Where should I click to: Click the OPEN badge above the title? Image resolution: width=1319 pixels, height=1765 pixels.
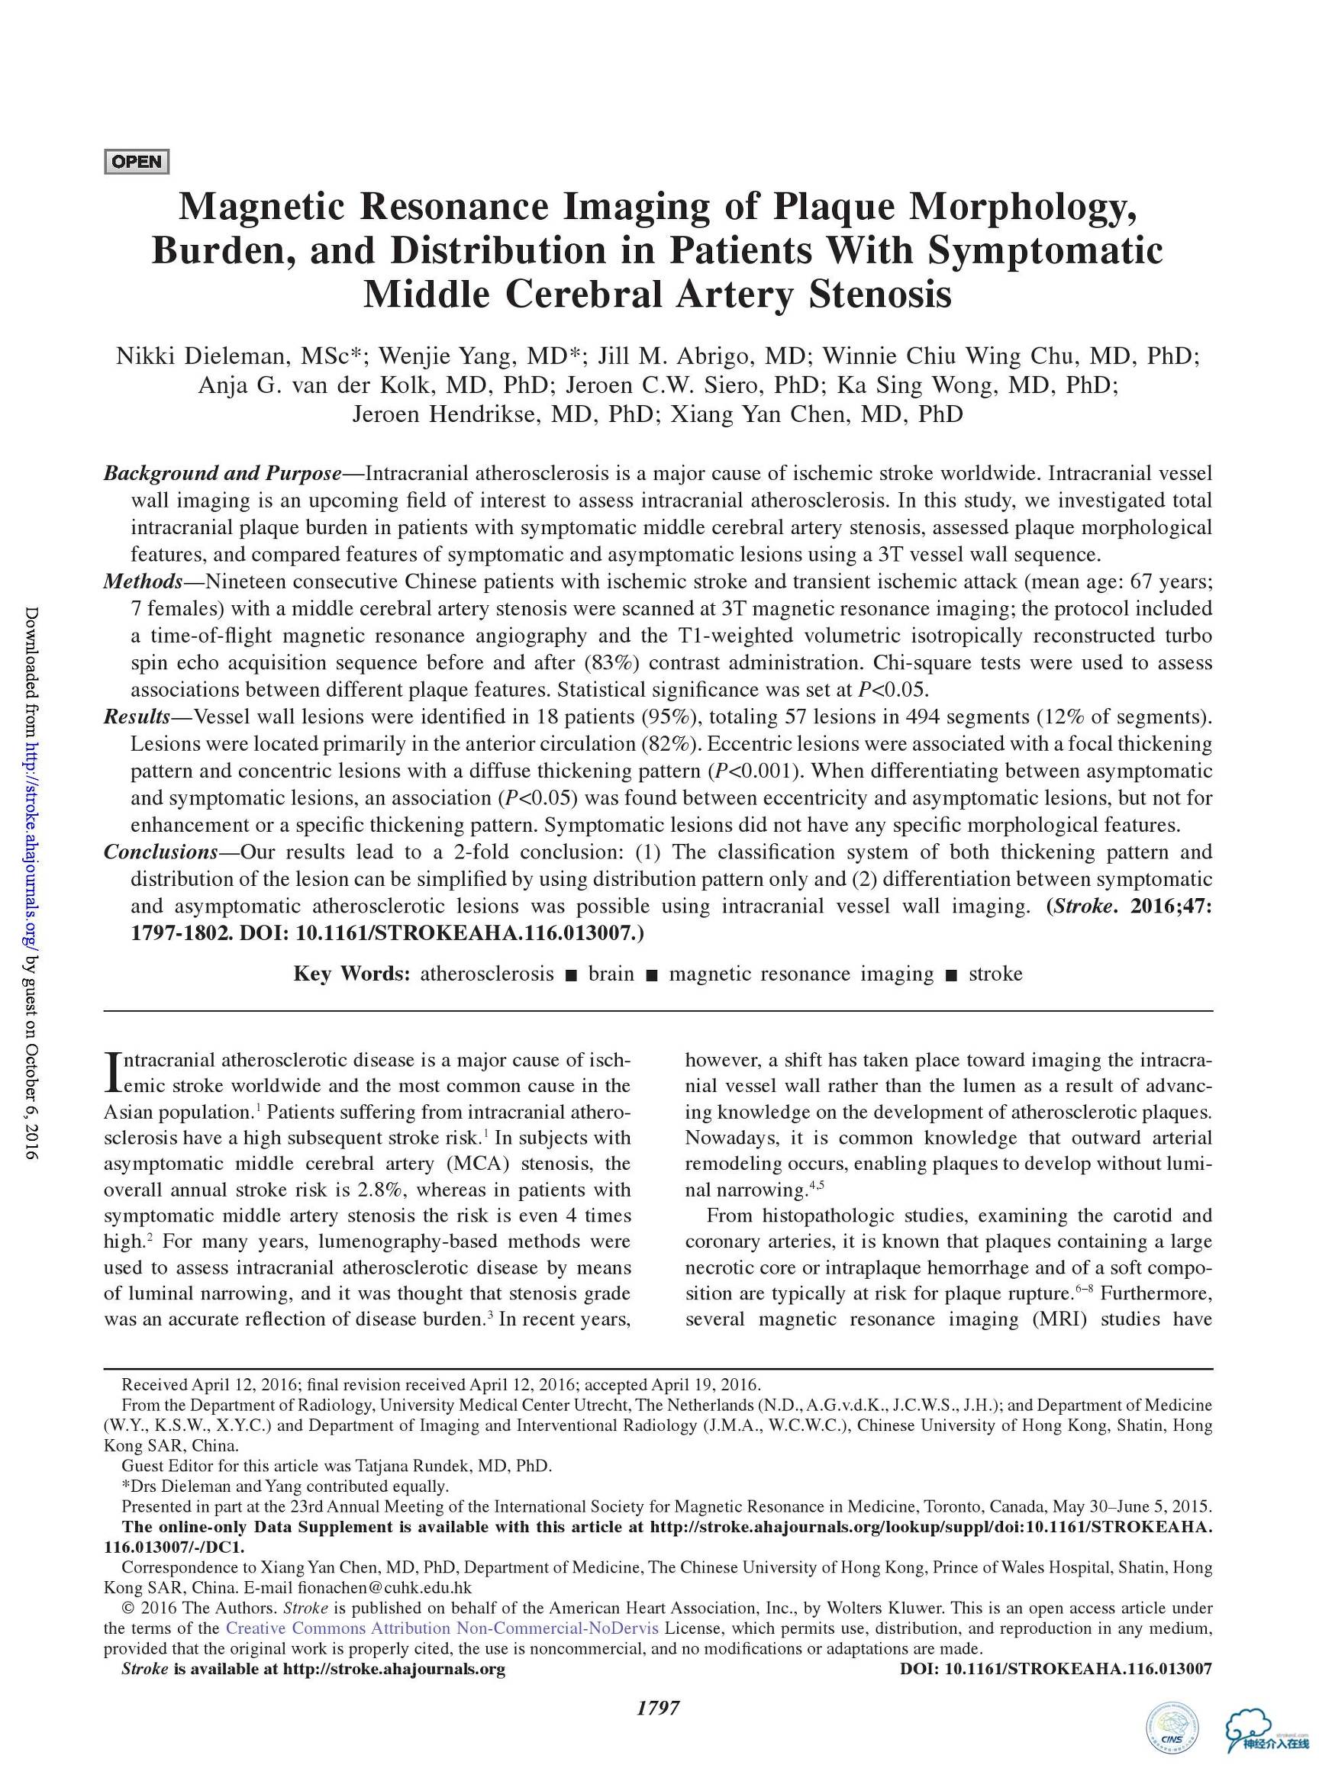click(x=137, y=162)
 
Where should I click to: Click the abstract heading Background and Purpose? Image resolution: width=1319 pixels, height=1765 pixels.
click(x=223, y=473)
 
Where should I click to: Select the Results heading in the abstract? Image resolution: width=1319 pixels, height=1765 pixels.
click(x=137, y=717)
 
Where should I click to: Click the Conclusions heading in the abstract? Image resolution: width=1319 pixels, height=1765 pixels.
click(x=160, y=852)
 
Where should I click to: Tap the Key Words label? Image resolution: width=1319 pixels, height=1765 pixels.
click(x=352, y=974)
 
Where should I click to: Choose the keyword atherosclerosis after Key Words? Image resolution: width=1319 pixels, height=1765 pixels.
click(x=487, y=974)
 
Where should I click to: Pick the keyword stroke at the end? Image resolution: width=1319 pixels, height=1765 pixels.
click(x=995, y=974)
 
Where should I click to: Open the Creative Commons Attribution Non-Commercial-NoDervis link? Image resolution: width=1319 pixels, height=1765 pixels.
click(x=442, y=1628)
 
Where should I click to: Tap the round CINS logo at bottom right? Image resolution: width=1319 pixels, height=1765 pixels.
click(x=1170, y=1728)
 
